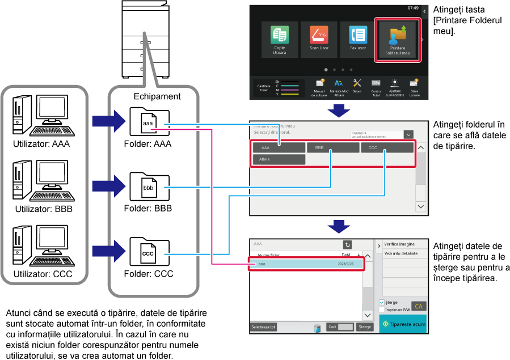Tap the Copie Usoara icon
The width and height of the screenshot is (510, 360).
280,36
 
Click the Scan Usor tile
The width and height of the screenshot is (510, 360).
319,36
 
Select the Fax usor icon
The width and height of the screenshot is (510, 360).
358,36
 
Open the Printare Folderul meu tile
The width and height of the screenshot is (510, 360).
398,39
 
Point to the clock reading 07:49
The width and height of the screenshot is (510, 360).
412,8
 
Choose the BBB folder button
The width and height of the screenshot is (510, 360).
333,147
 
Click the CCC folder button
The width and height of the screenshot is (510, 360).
387,147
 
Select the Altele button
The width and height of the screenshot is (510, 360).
279,159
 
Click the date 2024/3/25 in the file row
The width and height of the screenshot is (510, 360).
345,264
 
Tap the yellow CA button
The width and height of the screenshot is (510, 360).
419,306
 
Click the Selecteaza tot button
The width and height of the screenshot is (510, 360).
264,327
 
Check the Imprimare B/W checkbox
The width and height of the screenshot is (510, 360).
382,310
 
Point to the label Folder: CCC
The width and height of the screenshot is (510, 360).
149,274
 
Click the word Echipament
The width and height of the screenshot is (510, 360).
157,96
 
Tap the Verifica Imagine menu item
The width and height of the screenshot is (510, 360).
399,244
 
